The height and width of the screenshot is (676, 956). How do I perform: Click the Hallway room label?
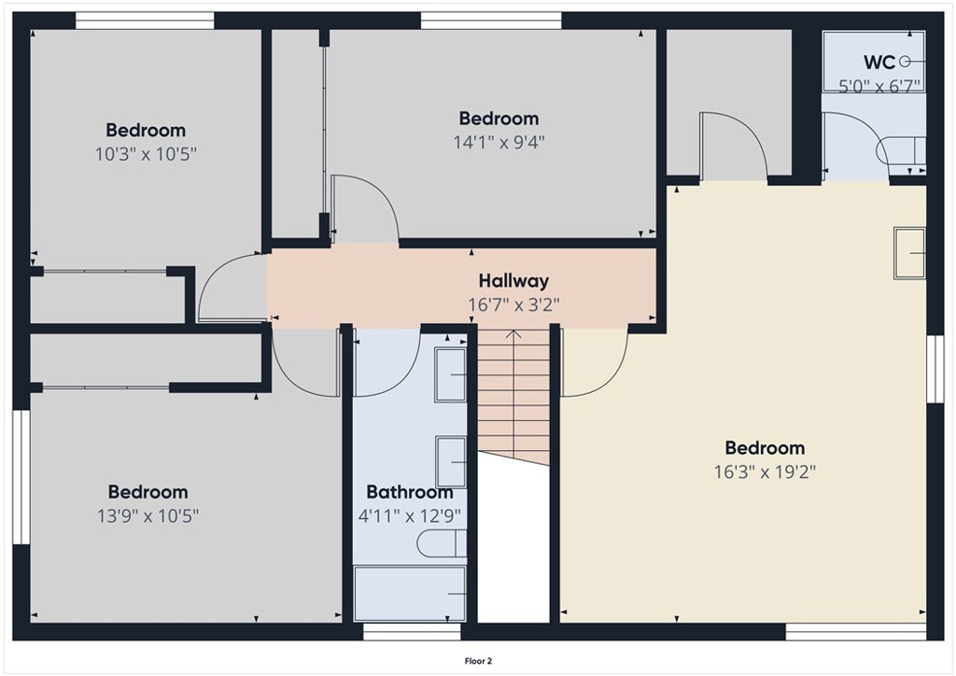coord(513,280)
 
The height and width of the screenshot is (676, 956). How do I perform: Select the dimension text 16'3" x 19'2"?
coord(765,472)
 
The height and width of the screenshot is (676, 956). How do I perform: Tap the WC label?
coord(879,63)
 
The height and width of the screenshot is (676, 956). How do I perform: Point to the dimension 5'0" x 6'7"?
coord(879,85)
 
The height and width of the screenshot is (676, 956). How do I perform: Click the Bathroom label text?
coord(409,492)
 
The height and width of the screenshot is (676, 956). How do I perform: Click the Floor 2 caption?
coord(478,661)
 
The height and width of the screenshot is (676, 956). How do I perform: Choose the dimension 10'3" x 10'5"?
coord(146,153)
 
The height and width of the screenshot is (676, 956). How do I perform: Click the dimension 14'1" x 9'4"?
coord(499,142)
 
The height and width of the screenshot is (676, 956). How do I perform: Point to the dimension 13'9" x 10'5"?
coord(148,514)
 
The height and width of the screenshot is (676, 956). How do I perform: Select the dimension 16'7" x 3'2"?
coord(513,303)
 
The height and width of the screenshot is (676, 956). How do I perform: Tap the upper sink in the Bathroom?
coord(452,374)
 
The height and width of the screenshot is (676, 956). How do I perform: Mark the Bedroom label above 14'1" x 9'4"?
coord(499,119)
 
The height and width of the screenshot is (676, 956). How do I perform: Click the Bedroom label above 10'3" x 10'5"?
coord(146,130)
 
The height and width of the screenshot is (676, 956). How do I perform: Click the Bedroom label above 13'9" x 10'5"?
coord(148,491)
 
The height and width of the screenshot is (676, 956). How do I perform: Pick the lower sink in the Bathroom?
coord(452,461)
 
